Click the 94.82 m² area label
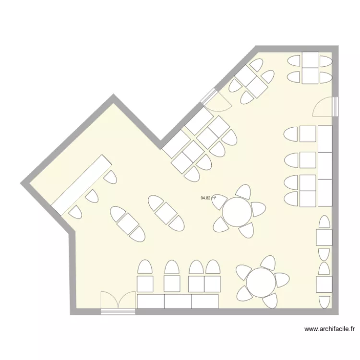tap(208, 197)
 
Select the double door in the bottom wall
tap(118, 302)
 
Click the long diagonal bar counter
tap(82, 184)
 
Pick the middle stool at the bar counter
tap(91, 196)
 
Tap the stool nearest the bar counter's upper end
tap(110, 178)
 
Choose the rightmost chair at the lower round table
tap(283, 279)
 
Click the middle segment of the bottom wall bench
tap(178, 301)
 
